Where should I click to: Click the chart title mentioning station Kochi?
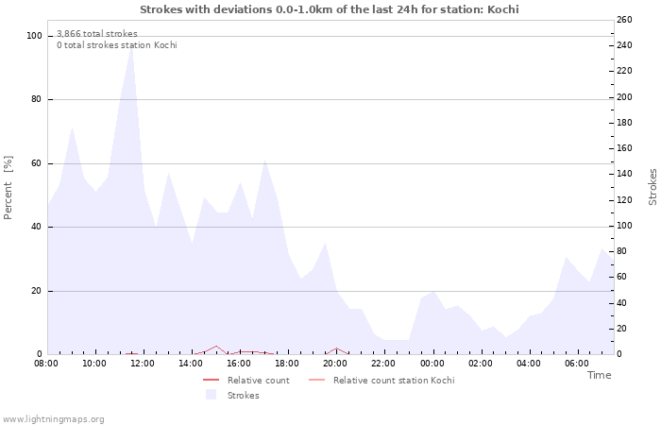(329, 9)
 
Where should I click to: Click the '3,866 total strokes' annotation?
(96, 34)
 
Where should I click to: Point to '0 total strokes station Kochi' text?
(116, 45)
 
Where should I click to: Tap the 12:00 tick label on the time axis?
(143, 363)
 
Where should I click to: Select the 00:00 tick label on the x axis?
(432, 363)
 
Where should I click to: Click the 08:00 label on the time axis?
(46, 363)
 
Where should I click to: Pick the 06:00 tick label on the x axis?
(577, 363)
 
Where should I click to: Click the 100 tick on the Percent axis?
(34, 36)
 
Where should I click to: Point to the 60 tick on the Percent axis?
(36, 163)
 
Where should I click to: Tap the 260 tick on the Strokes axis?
(623, 20)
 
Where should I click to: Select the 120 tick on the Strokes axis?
(623, 200)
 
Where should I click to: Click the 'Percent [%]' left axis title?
(8, 188)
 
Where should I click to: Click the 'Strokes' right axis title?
(653, 187)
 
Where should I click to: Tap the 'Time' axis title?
(599, 375)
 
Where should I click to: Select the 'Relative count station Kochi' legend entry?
(393, 381)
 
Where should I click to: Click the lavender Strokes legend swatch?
(211, 395)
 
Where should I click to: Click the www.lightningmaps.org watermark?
(53, 418)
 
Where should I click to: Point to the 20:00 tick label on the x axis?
(336, 363)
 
